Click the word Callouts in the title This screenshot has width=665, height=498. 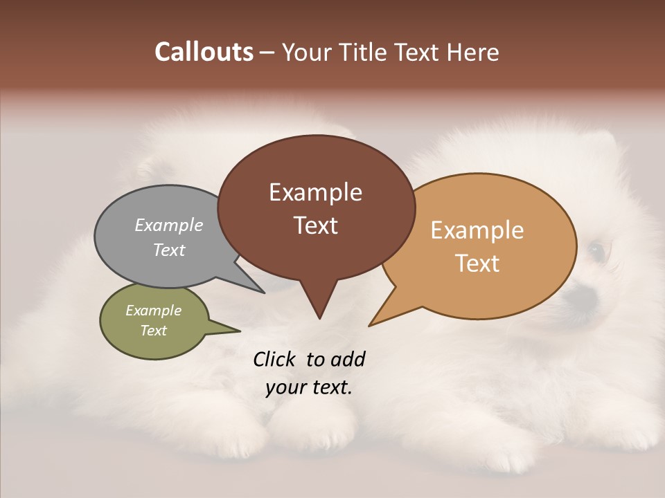204,53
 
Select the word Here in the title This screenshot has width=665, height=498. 474,53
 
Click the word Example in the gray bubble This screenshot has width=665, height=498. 169,225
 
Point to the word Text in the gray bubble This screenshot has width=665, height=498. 169,250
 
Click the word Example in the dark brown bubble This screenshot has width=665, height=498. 315,192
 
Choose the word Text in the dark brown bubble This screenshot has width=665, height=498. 315,225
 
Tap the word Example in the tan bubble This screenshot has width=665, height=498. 477,230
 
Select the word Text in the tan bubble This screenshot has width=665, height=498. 477,264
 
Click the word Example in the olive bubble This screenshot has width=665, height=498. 154,311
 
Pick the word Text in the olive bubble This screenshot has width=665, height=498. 154,331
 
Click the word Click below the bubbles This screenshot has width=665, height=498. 276,360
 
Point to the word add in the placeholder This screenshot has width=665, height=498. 348,360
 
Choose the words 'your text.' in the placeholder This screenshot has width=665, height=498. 309,387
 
